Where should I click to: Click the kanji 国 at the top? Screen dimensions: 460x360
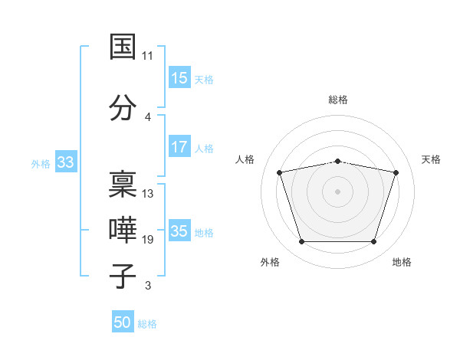pyautogui.click(x=123, y=46)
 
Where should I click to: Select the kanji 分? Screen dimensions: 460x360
pyautogui.click(x=123, y=107)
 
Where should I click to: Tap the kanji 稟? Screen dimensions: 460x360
pyautogui.click(x=123, y=184)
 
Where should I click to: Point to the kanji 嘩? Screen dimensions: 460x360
pyautogui.click(x=123, y=230)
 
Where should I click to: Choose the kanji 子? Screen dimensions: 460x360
pyautogui.click(x=123, y=277)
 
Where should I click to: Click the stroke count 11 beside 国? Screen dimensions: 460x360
pyautogui.click(x=147, y=56)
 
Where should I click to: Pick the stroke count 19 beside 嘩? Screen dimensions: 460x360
pyautogui.click(x=147, y=240)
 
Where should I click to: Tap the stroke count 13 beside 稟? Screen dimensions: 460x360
pyautogui.click(x=147, y=194)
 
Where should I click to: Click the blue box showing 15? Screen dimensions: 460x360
pyautogui.click(x=179, y=77)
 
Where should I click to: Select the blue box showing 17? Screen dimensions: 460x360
pyautogui.click(x=179, y=146)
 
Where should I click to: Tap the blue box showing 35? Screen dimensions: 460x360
pyautogui.click(x=179, y=230)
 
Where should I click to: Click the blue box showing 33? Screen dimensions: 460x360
pyautogui.click(x=66, y=162)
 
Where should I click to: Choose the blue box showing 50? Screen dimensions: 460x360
pyautogui.click(x=123, y=321)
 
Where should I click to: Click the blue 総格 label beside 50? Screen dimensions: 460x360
pyautogui.click(x=147, y=324)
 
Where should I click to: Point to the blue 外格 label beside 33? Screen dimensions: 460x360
pyautogui.click(x=41, y=164)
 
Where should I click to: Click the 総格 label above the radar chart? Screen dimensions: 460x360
pyautogui.click(x=338, y=100)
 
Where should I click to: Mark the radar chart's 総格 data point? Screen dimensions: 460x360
pyautogui.click(x=338, y=162)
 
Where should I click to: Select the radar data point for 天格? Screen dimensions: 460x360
pyautogui.click(x=396, y=172)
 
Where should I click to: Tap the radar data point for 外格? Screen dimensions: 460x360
pyautogui.click(x=301, y=242)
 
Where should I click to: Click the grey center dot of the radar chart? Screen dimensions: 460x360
pyautogui.click(x=337, y=191)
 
